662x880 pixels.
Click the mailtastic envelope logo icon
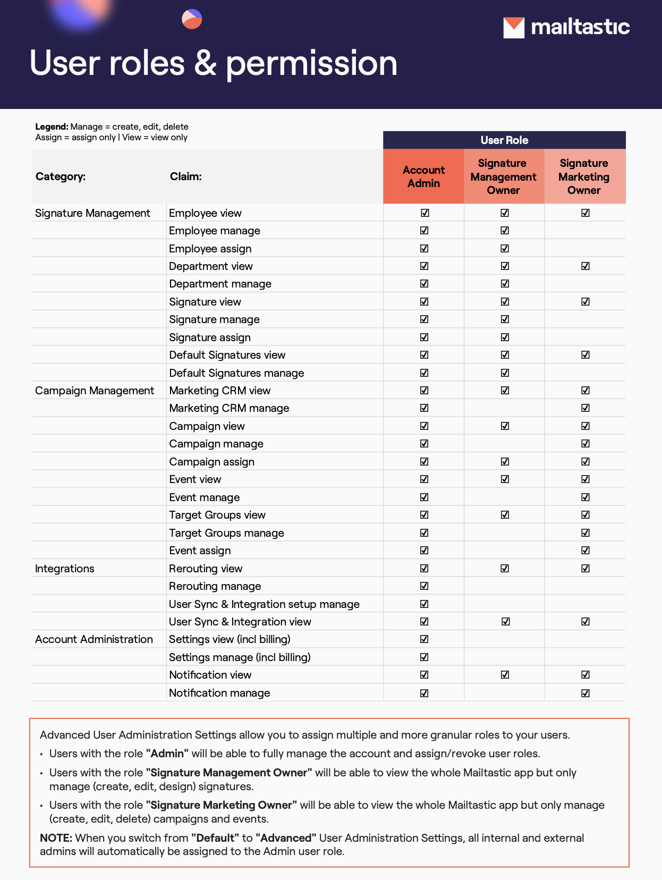514,28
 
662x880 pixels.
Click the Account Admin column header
423,176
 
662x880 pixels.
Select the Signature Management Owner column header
504,176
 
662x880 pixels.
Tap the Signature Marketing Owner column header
584,176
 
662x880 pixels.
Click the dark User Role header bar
504,140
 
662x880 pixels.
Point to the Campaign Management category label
95,391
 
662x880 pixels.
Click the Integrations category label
65,569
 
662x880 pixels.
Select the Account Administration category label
94,639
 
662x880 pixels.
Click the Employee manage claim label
215,231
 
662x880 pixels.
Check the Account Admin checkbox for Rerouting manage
424,586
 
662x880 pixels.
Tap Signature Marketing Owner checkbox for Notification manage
585,693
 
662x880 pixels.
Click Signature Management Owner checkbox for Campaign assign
505,462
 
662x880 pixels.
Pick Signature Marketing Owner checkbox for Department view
585,266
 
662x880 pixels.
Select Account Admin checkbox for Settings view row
424,639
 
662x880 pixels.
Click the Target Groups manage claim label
226,533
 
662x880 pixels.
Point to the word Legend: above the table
52,126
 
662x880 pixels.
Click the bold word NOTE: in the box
56,838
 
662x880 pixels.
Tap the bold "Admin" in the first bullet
168,754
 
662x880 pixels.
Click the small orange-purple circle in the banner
192,19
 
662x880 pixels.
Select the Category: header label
61,176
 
